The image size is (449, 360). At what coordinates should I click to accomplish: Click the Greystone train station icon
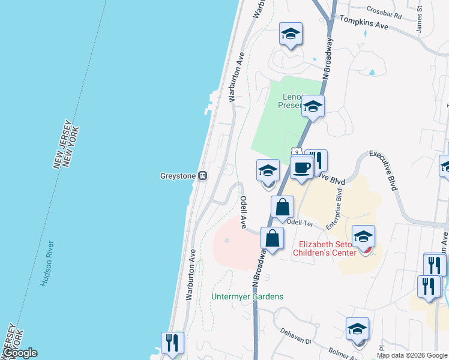click(x=203, y=176)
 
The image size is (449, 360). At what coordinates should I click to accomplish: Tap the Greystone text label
click(x=178, y=176)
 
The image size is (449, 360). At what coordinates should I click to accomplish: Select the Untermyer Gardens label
click(x=247, y=296)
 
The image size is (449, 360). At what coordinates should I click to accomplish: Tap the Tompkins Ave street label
click(x=364, y=23)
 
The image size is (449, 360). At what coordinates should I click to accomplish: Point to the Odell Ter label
click(x=301, y=221)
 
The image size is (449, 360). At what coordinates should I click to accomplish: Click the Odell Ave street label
click(x=244, y=211)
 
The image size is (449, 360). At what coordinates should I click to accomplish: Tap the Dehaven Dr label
click(x=297, y=336)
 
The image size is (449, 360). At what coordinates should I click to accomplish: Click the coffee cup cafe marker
click(x=301, y=167)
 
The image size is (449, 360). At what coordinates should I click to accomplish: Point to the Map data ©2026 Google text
click(x=412, y=355)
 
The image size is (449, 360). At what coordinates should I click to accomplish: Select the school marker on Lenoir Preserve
click(x=313, y=107)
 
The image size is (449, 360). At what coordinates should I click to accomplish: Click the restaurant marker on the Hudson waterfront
click(x=172, y=343)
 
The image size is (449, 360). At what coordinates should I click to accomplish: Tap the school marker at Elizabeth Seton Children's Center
click(x=363, y=236)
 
